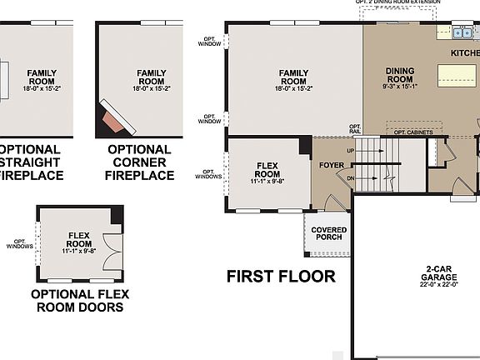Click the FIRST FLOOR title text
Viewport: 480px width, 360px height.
click(x=281, y=277)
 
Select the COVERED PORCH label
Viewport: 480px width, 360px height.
click(x=328, y=234)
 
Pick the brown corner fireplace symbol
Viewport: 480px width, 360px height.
click(x=117, y=122)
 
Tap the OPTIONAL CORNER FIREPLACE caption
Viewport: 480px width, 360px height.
click(x=140, y=162)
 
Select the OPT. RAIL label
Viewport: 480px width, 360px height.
click(x=355, y=129)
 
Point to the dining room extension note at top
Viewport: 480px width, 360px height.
click(x=397, y=2)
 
